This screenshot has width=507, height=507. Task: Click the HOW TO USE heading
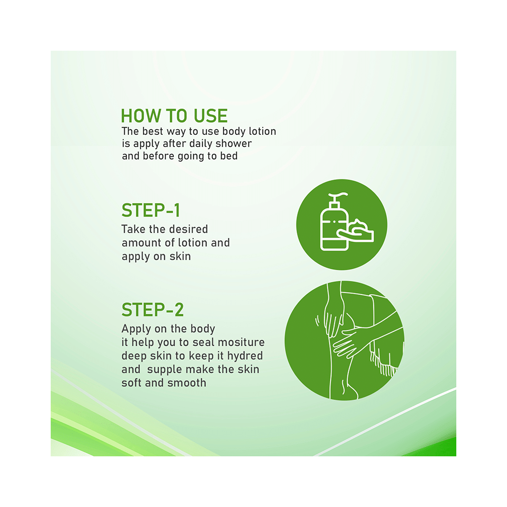point(174,116)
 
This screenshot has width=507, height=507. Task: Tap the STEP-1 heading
point(151,210)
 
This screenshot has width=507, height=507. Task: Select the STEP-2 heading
point(153,310)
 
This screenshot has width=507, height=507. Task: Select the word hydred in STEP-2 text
point(245,356)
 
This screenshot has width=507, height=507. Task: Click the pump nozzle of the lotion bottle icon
point(338,197)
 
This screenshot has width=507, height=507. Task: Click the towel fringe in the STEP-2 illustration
point(384,363)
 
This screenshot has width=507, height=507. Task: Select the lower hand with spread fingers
point(349,343)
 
